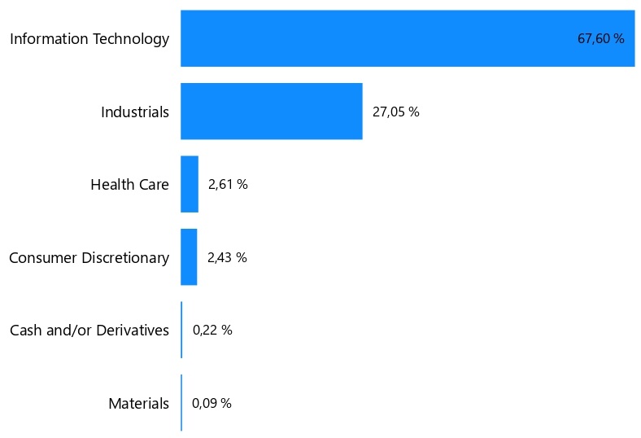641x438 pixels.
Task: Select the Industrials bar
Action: click(271, 112)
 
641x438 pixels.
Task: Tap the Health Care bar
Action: click(189, 185)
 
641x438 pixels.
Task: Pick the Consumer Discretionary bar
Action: click(189, 257)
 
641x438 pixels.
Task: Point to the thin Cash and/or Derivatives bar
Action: click(181, 330)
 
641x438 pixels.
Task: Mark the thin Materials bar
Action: click(181, 403)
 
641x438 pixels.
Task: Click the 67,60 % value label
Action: click(600, 39)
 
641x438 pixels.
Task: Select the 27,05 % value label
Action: click(395, 112)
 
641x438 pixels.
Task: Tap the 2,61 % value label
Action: click(228, 185)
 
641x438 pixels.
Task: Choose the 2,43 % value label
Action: click(227, 258)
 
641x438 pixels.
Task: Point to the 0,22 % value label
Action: click(212, 331)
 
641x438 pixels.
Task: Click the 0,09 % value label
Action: click(211, 404)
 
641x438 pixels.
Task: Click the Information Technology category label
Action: click(89, 39)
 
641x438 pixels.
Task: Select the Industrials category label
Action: click(135, 112)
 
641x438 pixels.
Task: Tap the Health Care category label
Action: click(129, 185)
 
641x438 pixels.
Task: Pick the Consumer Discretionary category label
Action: click(89, 258)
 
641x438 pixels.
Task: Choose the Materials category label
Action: click(138, 404)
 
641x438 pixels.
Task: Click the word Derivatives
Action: click(133, 331)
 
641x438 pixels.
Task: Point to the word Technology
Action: click(131, 39)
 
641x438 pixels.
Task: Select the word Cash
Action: click(24, 331)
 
